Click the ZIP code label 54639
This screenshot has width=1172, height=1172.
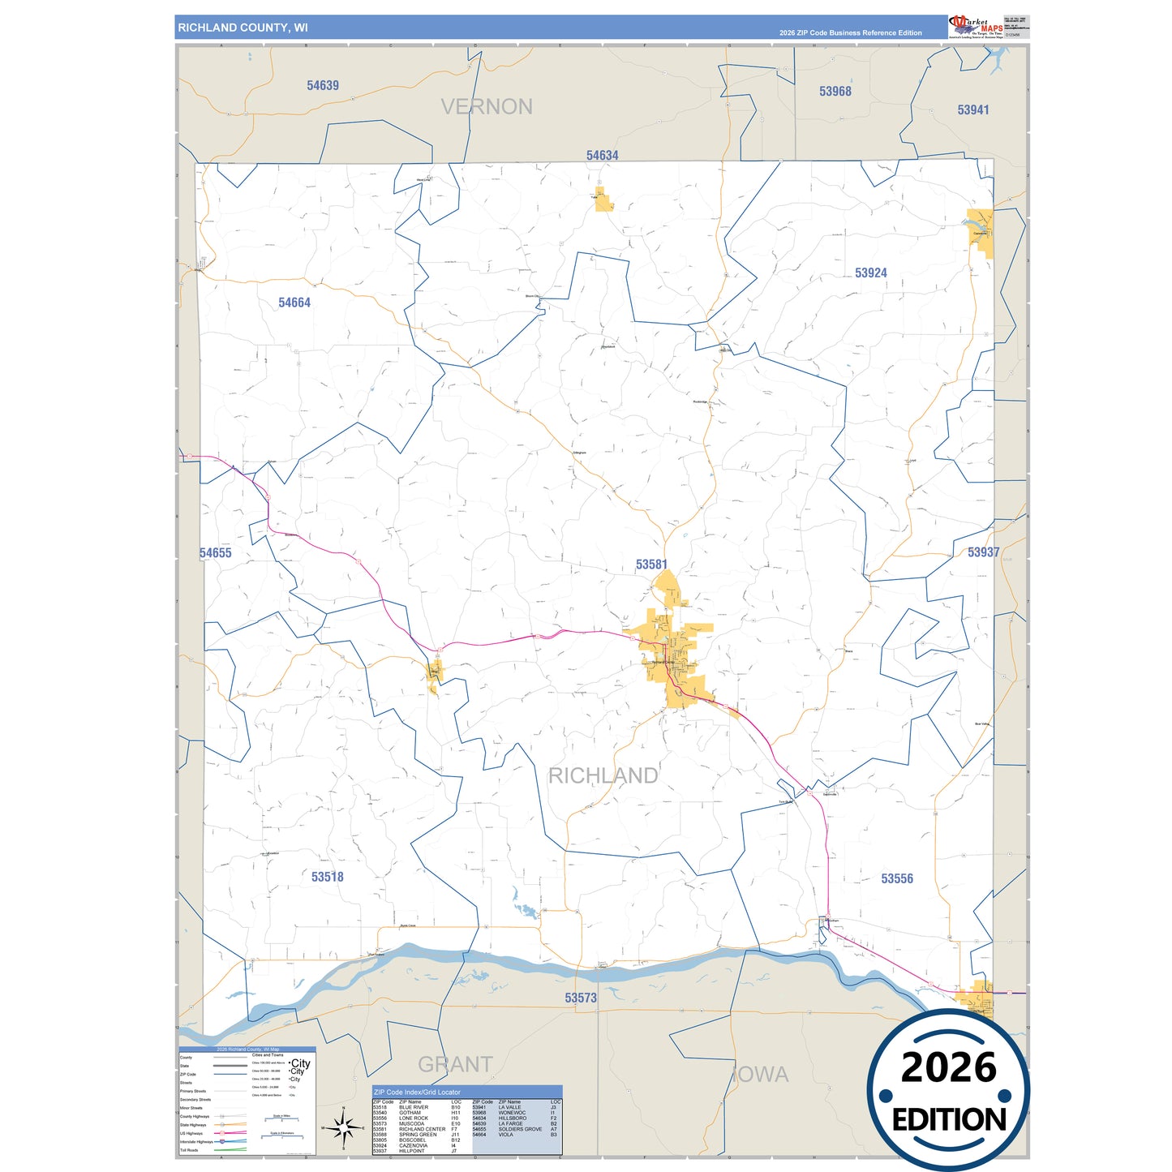click(323, 85)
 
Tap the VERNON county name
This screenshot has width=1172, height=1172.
click(487, 106)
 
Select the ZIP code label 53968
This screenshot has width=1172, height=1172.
click(835, 91)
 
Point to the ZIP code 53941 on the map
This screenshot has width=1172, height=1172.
click(972, 109)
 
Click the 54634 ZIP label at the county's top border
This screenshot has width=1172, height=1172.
click(602, 155)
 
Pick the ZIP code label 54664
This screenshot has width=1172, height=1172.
click(294, 303)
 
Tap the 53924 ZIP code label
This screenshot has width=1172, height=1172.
click(870, 273)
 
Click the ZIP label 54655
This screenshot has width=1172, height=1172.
click(216, 553)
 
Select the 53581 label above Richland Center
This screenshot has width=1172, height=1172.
click(651, 565)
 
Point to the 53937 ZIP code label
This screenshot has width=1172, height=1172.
click(983, 552)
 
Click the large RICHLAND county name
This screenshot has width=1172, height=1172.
click(603, 775)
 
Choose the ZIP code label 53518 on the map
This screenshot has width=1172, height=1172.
click(327, 877)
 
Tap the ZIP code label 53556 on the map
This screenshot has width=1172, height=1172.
click(896, 878)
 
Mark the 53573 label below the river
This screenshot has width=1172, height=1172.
click(581, 998)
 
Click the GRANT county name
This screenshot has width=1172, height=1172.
click(455, 1064)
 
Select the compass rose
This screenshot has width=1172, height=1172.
click(343, 1127)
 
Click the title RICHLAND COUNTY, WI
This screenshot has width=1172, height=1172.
click(243, 28)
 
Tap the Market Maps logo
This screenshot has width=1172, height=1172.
click(975, 26)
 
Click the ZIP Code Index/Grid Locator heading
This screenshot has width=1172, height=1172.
click(417, 1093)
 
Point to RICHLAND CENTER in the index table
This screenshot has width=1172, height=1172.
click(422, 1129)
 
